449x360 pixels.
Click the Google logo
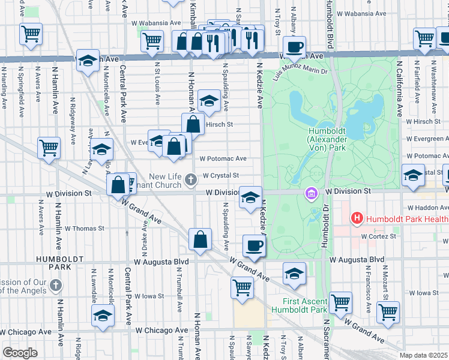point(20,353)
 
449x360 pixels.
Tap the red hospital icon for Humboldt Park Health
point(357,218)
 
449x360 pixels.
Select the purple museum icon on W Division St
point(311,194)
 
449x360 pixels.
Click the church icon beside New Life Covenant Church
point(190,179)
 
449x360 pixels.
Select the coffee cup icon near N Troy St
point(294,47)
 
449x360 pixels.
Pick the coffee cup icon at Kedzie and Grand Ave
point(253,246)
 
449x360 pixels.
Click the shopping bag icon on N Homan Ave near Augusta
point(200,239)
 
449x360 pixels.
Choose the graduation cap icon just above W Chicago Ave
point(103,316)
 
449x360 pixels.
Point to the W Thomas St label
point(84,229)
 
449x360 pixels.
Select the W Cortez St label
point(378,236)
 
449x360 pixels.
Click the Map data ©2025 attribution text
point(423,355)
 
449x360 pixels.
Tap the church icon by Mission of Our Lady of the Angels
point(56,284)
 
